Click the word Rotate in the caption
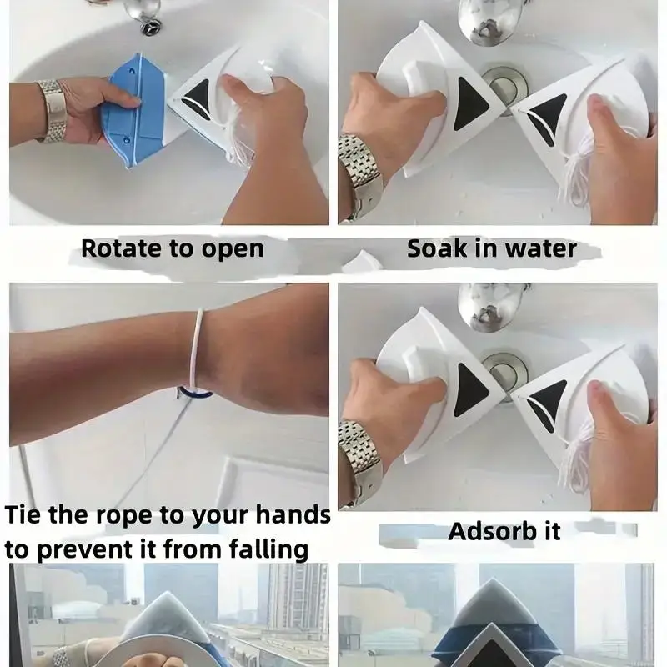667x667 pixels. pyautogui.click(x=122, y=248)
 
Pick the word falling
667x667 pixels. pyautogui.click(x=268, y=549)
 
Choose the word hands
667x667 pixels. pyautogui.click(x=293, y=514)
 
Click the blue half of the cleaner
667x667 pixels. pyautogui.click(x=133, y=110)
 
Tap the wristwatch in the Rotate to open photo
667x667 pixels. pyautogui.click(x=52, y=111)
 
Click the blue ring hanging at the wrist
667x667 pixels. pyautogui.click(x=195, y=393)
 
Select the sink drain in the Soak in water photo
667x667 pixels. pyautogui.click(x=506, y=86)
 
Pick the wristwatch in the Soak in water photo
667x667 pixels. pyautogui.click(x=359, y=178)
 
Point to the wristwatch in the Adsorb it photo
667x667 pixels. pyautogui.click(x=359, y=464)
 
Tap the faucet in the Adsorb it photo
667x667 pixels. pyautogui.click(x=489, y=306)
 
